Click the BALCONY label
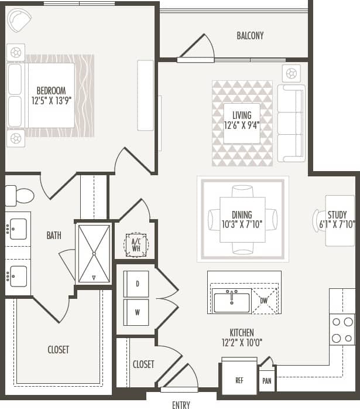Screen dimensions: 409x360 coord(250,36)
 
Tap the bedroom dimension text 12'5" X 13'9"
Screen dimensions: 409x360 coord(51,100)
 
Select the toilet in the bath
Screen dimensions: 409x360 coord(19,195)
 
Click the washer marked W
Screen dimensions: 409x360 coord(136,312)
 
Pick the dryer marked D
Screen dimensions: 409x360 coord(136,284)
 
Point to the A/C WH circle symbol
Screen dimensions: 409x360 coord(136,244)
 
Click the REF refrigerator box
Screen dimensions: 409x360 coord(239,379)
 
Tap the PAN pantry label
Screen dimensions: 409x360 coord(266,380)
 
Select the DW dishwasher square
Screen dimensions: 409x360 coord(265,301)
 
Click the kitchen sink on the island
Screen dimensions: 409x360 coord(232,302)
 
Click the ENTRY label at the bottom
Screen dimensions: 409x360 coord(181,404)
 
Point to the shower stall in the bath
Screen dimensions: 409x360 coord(94,253)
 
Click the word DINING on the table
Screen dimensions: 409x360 coord(242,215)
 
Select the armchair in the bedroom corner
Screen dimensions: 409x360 coord(20,21)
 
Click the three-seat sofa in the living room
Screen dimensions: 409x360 coord(291,123)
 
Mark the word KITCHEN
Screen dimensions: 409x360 coord(242,333)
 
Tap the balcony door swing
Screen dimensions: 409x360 coord(200,48)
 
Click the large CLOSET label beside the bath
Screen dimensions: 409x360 coord(58,350)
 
